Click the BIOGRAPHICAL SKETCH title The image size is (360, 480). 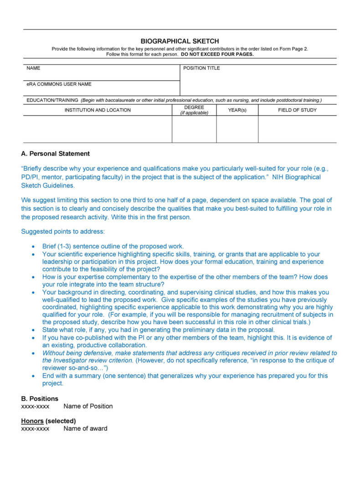180,41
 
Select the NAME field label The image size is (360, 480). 33,68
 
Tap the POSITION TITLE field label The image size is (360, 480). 201,68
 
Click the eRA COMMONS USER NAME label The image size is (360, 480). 59,84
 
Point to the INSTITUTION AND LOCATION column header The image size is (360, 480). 98,110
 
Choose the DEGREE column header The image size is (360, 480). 194,110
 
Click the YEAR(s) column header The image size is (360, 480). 237,110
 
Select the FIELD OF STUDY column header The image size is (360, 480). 297,110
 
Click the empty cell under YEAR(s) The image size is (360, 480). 237,129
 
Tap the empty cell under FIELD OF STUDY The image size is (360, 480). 297,129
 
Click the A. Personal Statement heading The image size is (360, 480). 56,153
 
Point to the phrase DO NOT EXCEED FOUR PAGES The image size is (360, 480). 217,54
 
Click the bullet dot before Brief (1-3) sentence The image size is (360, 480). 33,246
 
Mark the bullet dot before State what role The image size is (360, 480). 33,330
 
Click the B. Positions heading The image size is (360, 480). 40,398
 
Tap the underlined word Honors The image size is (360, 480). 32,421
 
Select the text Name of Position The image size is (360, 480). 88,406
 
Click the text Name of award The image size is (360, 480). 85,428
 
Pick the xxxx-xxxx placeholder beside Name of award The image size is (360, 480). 35,428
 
